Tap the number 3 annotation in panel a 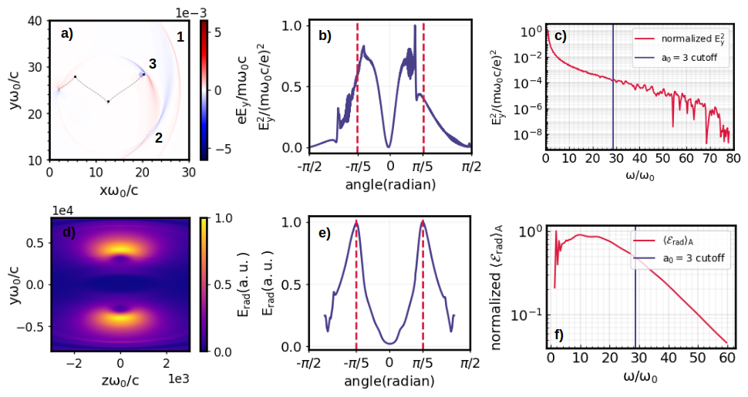(x=153, y=66)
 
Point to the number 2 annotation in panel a (x=158, y=138)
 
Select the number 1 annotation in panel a (x=180, y=36)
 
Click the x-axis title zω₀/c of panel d (x=119, y=381)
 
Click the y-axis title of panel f (x=500, y=284)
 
